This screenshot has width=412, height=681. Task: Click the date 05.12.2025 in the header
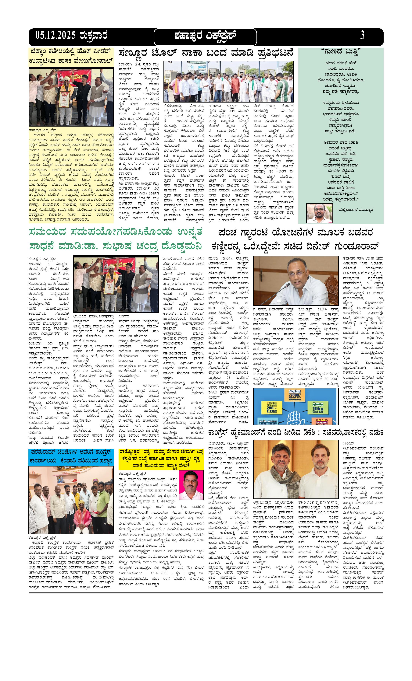(55, 36)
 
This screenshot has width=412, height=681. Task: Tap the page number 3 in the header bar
(362, 36)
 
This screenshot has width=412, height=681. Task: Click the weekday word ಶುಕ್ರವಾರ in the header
(94, 36)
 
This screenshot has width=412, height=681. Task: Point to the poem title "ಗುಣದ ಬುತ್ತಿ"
(341, 51)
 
